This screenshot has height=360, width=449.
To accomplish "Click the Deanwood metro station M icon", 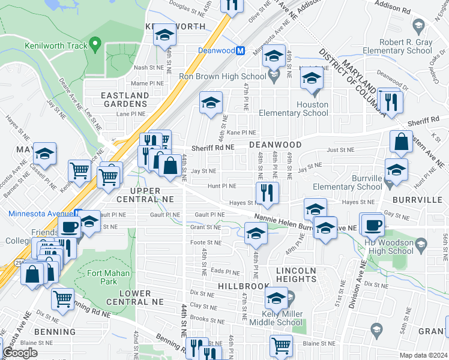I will coord(240,51).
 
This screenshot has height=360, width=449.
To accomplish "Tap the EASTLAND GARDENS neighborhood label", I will coord(124,100).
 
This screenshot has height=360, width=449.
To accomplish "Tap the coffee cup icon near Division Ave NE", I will coord(372,224).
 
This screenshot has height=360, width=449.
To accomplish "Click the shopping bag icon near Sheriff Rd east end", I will coord(401,142).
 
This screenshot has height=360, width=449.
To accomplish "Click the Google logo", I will coord(20,353).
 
